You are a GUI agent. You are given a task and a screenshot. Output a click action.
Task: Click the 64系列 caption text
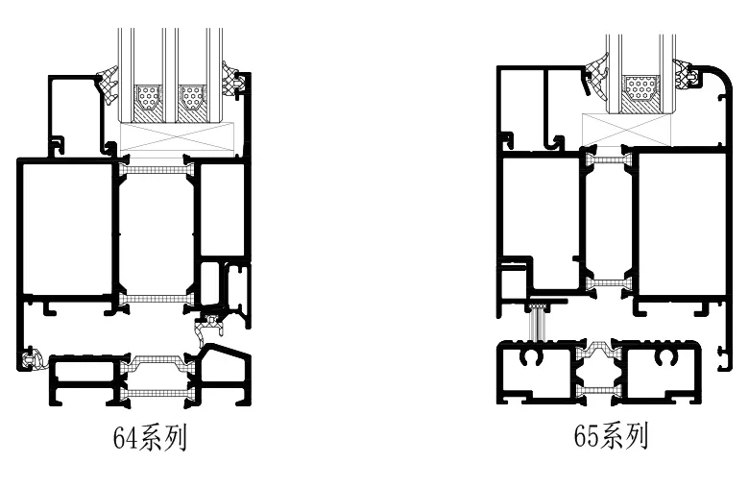click(149, 439)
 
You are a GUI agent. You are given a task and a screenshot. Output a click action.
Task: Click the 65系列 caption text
click(611, 437)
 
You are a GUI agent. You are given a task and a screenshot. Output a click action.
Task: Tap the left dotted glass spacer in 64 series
click(147, 96)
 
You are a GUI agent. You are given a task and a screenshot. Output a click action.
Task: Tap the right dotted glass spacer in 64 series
click(192, 96)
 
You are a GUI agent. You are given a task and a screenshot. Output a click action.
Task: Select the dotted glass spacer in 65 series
click(640, 93)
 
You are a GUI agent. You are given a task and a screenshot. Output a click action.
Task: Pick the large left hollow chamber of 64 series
click(65, 229)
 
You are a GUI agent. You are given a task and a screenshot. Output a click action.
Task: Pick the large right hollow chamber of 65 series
click(681, 223)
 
